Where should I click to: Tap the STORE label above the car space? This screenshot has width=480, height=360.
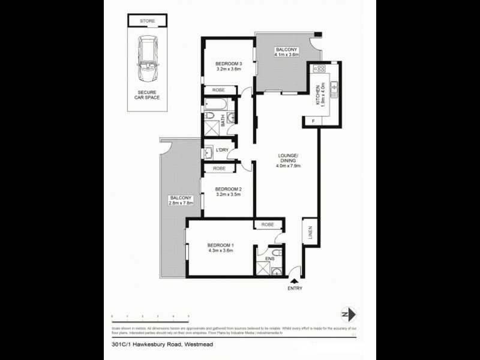148,21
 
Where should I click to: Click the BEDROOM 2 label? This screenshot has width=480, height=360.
229,189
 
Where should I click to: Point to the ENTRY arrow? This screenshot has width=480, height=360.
294,280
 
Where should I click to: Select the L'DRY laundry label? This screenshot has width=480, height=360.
221,149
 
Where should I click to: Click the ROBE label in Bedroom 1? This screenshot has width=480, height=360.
267,224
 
